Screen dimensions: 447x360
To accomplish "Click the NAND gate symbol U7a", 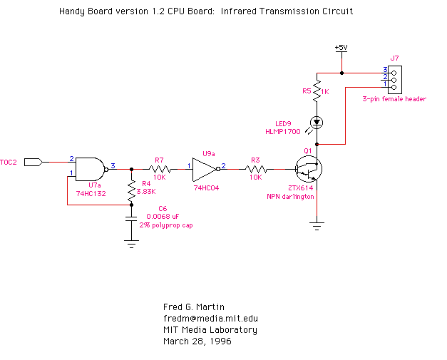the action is pyautogui.click(x=91, y=170).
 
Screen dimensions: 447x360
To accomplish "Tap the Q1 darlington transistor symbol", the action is pyautogui.click(x=309, y=169).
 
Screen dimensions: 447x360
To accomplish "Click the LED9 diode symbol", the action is pyautogui.click(x=317, y=123).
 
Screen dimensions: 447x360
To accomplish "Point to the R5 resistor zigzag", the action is pyautogui.click(x=317, y=91).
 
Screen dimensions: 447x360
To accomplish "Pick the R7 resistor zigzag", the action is pyautogui.click(x=160, y=170).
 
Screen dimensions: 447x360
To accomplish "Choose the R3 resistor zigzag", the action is pyautogui.click(x=256, y=170).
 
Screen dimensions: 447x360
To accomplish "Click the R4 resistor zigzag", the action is pyautogui.click(x=131, y=190).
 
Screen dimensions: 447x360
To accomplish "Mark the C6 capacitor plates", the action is pyautogui.click(x=131, y=219).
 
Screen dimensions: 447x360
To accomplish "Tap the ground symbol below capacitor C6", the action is pyautogui.click(x=131, y=244).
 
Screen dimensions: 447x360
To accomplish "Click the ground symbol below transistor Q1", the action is pyautogui.click(x=317, y=226).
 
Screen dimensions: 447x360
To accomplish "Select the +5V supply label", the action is pyautogui.click(x=341, y=47).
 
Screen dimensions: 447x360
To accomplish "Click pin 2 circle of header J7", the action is pyautogui.click(x=394, y=80).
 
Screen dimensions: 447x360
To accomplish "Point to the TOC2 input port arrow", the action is pyautogui.click(x=34, y=163).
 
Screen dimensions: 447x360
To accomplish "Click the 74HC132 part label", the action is pyautogui.click(x=91, y=193).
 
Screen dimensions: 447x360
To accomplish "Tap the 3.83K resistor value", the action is pyautogui.click(x=146, y=192).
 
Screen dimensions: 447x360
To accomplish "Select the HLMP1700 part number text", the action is pyautogui.click(x=283, y=132).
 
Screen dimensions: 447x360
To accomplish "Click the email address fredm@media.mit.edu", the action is pyautogui.click(x=211, y=319).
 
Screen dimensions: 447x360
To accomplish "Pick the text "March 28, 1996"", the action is pyautogui.click(x=197, y=341).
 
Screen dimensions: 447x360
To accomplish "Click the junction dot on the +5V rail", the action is pyautogui.click(x=341, y=73).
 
